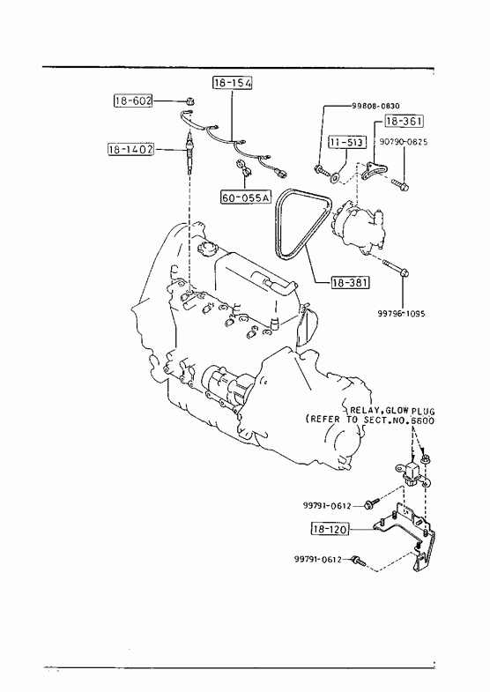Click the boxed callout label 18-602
click(x=133, y=100)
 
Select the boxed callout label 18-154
click(x=233, y=83)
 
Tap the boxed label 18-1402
click(x=131, y=150)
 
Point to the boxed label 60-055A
click(x=245, y=197)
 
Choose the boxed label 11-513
click(x=346, y=142)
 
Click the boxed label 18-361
click(x=404, y=121)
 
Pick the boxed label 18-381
click(x=350, y=282)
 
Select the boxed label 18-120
click(x=330, y=528)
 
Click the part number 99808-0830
click(x=375, y=106)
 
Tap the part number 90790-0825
click(x=403, y=142)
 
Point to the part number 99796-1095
click(x=401, y=314)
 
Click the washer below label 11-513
click(x=336, y=177)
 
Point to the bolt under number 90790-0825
click(x=400, y=185)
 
